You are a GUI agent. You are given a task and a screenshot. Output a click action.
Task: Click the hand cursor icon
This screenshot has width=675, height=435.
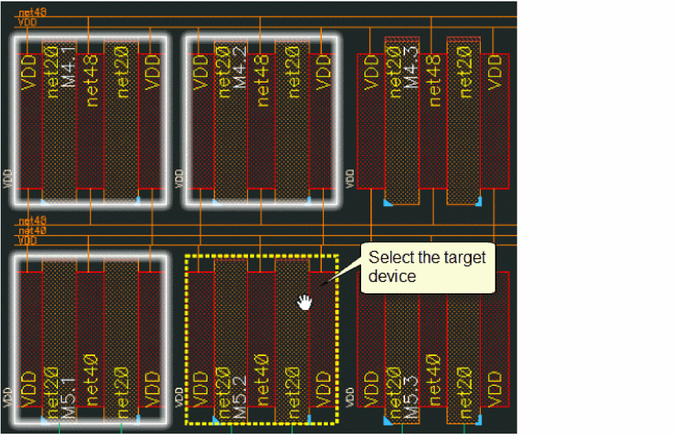(305, 302)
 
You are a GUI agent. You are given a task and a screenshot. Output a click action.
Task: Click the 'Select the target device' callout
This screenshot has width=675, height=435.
(428, 267)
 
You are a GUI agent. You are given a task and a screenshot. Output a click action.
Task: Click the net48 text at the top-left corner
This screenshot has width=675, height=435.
(32, 12)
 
